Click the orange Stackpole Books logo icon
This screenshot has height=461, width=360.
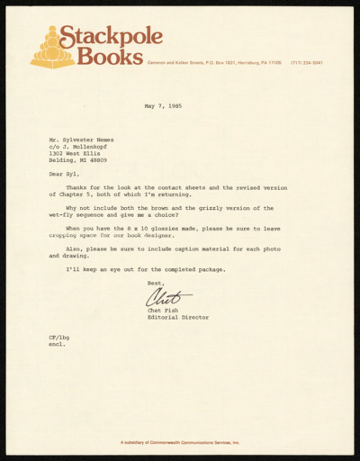click(x=51, y=47)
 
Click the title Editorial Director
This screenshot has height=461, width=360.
click(x=177, y=319)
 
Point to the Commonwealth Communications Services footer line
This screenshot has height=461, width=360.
click(x=180, y=443)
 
